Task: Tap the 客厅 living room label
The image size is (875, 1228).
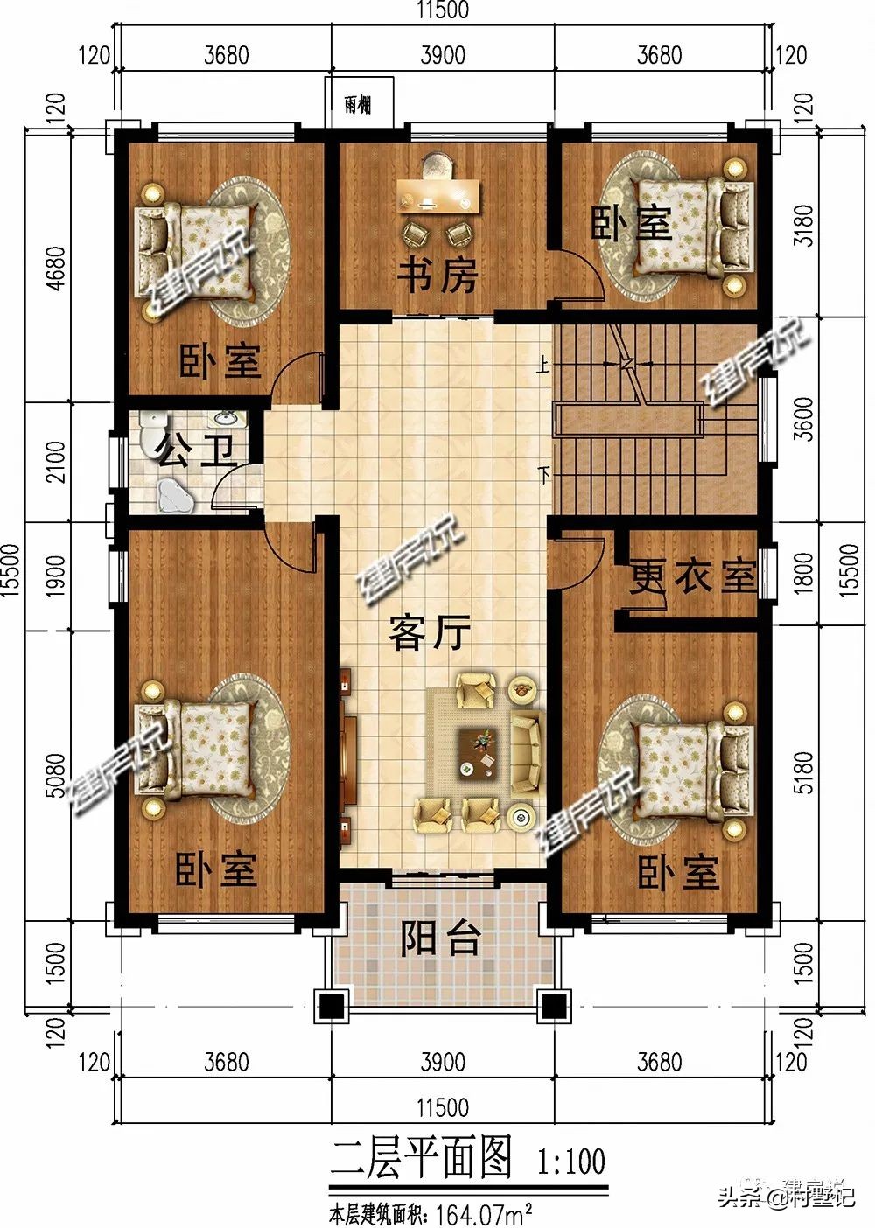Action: point(430,631)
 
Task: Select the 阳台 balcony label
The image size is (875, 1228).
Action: point(441,938)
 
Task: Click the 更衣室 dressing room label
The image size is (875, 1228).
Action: point(692,576)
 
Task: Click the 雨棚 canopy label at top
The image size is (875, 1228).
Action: point(357,105)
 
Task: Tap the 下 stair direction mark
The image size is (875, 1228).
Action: point(546,476)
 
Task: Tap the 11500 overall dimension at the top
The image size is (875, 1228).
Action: point(442,10)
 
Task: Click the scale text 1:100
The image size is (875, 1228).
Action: point(570,1161)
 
